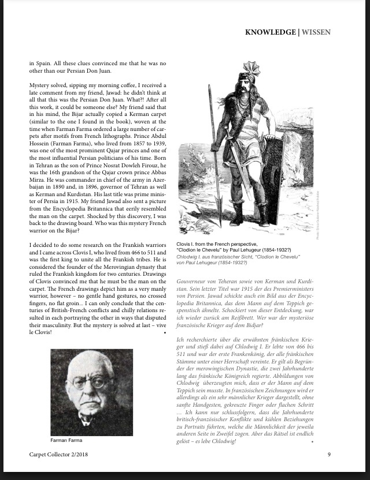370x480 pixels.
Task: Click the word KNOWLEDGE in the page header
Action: [269, 32]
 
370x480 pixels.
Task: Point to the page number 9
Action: [329, 454]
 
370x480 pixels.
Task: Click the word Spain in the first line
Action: [43, 62]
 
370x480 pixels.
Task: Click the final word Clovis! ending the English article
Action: [46, 332]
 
